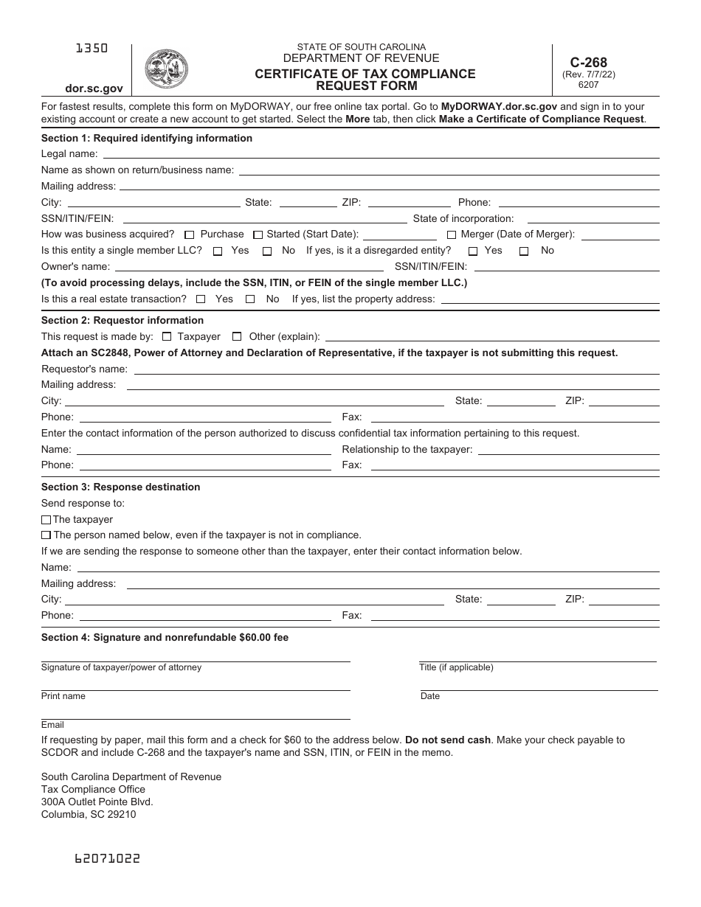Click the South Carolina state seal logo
click(166, 70)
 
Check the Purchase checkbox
click(190, 235)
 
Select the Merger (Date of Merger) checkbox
click(452, 235)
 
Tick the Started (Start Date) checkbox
click(258, 235)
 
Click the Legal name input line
click(380, 153)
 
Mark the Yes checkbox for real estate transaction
click(201, 299)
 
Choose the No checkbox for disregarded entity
click(524, 251)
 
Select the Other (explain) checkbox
click(237, 337)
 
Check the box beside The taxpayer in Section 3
click(46, 520)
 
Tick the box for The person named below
click(46, 535)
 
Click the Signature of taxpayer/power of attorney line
click(196, 656)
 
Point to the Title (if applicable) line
click(537, 656)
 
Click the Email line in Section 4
click(196, 714)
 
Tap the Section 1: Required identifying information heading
click(146, 138)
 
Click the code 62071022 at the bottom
click(107, 858)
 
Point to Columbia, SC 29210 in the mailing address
click(89, 815)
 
